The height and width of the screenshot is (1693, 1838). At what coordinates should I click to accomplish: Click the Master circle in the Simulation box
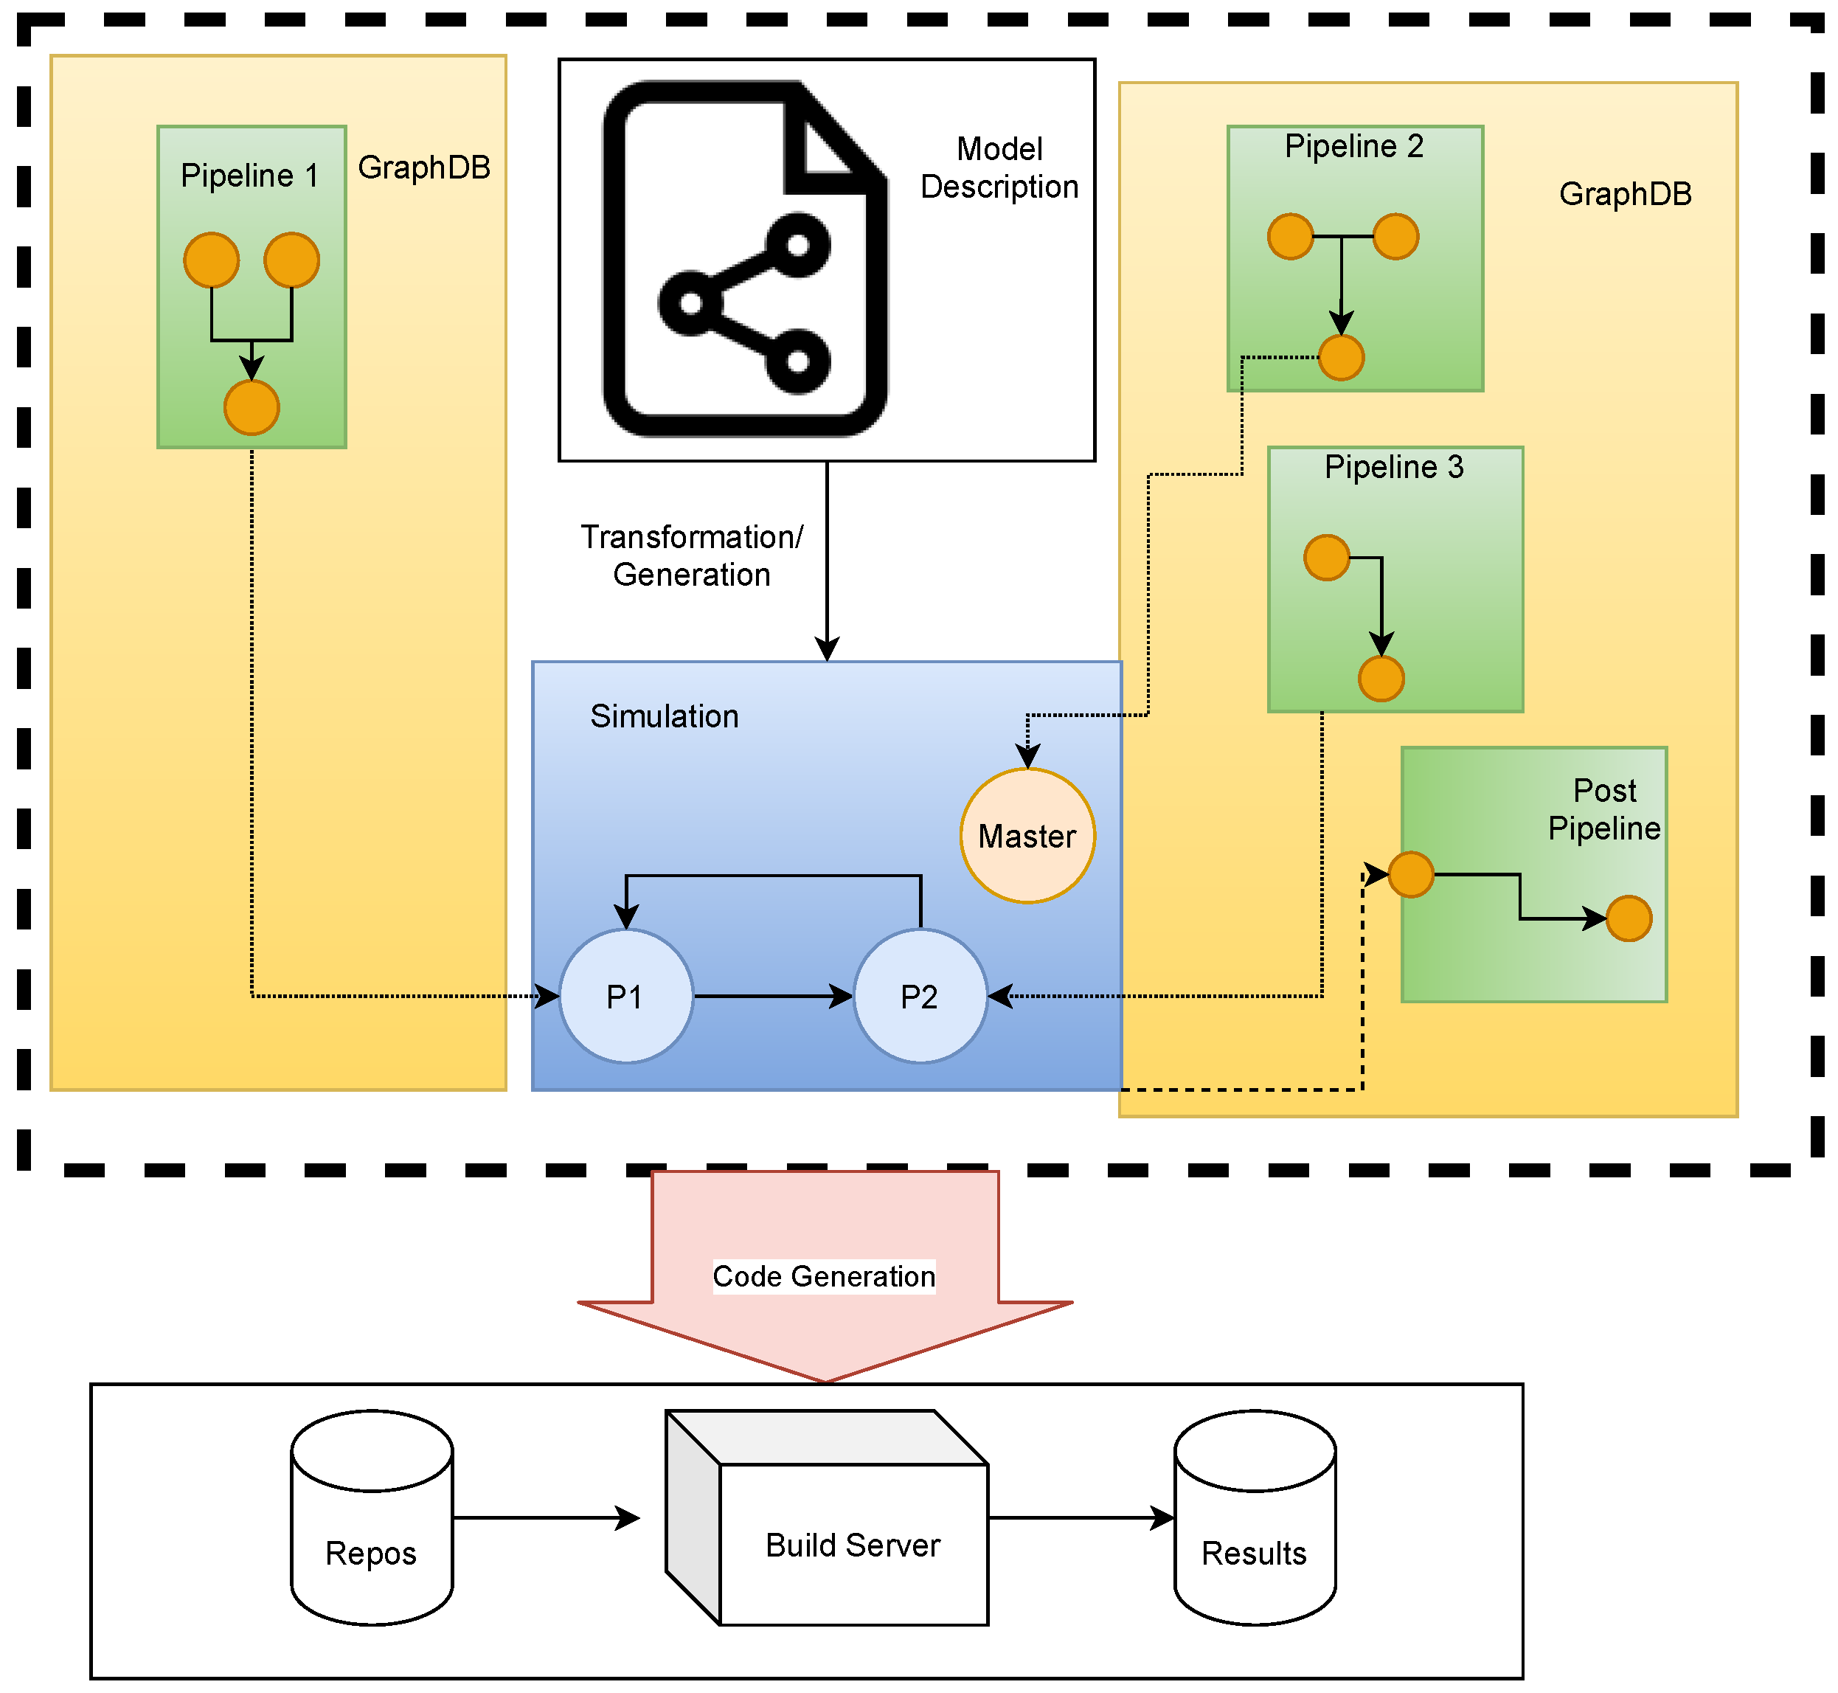pyautogui.click(x=1027, y=836)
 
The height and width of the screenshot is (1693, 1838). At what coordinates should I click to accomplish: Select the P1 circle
pyautogui.click(x=626, y=996)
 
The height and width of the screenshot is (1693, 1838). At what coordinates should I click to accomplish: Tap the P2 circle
pyautogui.click(x=920, y=996)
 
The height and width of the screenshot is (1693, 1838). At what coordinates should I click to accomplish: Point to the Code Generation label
pyautogui.click(x=823, y=1276)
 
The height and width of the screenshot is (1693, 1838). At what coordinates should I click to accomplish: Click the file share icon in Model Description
pyautogui.click(x=744, y=259)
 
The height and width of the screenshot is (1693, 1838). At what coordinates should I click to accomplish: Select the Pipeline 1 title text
pyautogui.click(x=249, y=175)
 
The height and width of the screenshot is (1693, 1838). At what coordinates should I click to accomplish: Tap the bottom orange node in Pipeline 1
pyautogui.click(x=252, y=408)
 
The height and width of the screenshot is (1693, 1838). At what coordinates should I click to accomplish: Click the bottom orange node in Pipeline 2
pyautogui.click(x=1341, y=357)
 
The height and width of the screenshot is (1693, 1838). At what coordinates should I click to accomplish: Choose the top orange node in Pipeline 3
pyautogui.click(x=1326, y=558)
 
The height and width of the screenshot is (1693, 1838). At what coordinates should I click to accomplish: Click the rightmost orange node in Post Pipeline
pyautogui.click(x=1629, y=919)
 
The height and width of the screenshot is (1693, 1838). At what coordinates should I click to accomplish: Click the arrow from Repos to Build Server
pyautogui.click(x=546, y=1518)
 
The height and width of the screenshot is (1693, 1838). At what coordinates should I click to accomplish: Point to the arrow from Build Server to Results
pyautogui.click(x=1081, y=1518)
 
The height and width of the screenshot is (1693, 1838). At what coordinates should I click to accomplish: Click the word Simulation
pyautogui.click(x=664, y=716)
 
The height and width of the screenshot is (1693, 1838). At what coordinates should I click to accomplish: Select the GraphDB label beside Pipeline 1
pyautogui.click(x=424, y=167)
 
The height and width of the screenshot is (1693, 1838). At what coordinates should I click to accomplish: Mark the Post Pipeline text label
pyautogui.click(x=1603, y=810)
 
